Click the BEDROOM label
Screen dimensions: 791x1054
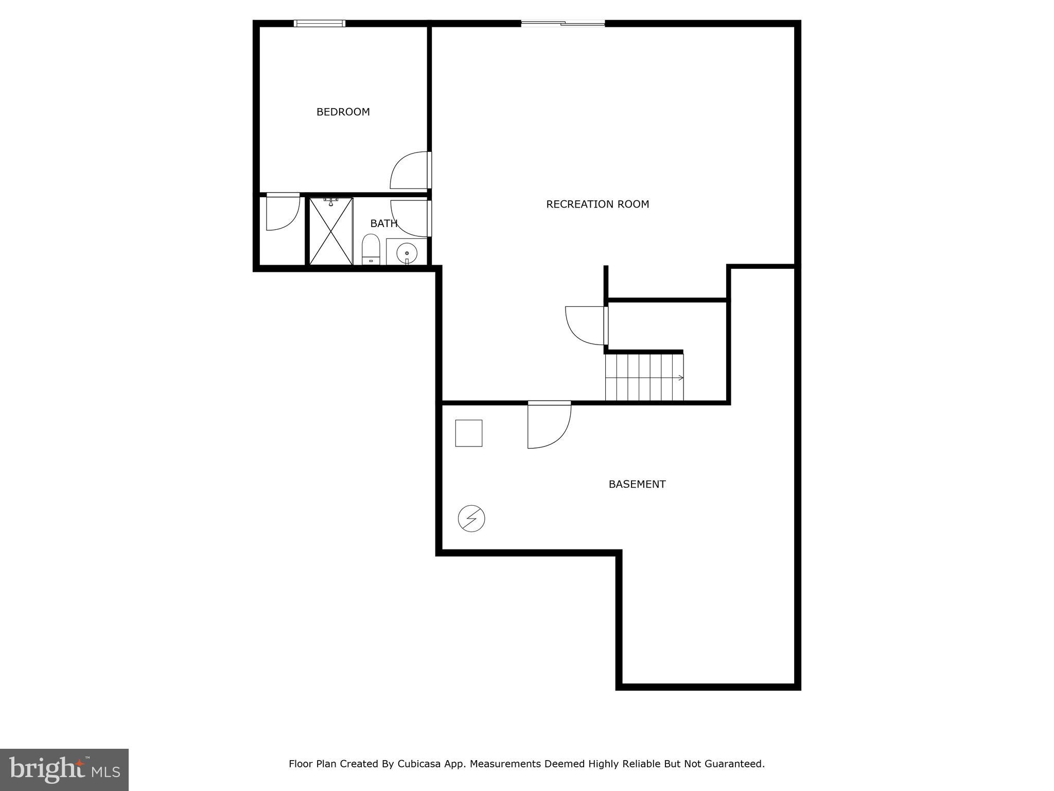[x=343, y=112]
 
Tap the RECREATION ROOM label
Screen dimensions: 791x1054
[x=597, y=204]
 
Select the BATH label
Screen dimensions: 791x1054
[x=383, y=223]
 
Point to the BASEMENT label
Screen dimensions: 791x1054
[x=637, y=484]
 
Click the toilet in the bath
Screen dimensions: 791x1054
[x=371, y=249]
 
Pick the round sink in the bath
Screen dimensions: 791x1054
[x=407, y=253]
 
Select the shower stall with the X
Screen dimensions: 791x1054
[x=331, y=231]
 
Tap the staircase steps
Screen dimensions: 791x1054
[x=643, y=377]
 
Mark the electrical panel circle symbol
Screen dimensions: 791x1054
[x=471, y=518]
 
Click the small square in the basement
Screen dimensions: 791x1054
[x=468, y=433]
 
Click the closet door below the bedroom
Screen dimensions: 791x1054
[x=283, y=212]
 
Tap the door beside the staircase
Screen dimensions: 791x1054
[x=586, y=325]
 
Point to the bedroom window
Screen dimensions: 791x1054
[x=319, y=23]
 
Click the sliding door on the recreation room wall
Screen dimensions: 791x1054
[x=563, y=23]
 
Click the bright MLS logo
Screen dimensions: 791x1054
[x=64, y=769]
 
